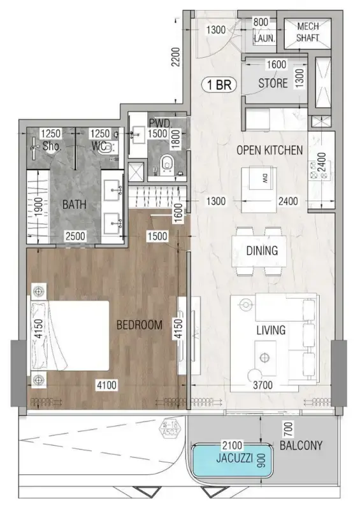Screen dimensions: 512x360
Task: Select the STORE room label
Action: point(273,83)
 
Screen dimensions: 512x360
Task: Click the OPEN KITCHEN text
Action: point(269,150)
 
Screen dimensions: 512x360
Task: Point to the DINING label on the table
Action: point(261,250)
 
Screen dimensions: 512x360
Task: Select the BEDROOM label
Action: point(140,325)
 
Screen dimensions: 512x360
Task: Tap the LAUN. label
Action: point(264,38)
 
